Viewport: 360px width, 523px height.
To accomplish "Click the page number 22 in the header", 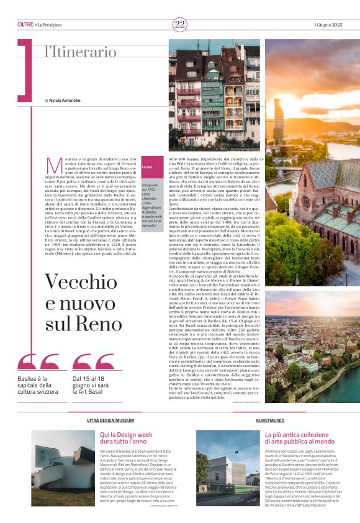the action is point(180,24).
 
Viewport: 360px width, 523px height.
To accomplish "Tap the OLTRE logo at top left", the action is point(25,24).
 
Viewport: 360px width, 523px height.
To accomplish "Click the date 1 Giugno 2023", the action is point(328,24).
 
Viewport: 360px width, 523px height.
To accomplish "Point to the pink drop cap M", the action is point(55,165).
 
